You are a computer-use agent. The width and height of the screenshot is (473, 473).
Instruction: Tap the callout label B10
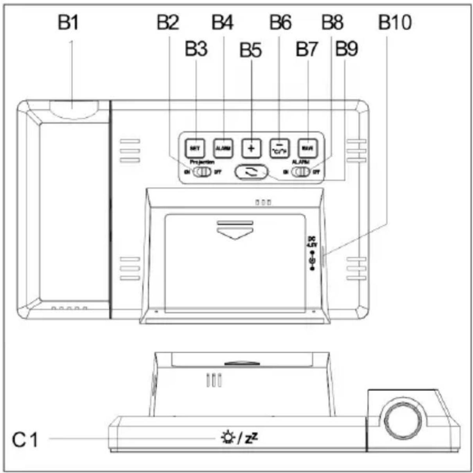[x=395, y=23]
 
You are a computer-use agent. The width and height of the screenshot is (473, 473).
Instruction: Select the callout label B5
[x=250, y=50]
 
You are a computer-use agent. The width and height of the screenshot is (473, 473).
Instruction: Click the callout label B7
[x=307, y=50]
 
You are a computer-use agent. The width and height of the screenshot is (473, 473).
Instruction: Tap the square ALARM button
[x=223, y=148]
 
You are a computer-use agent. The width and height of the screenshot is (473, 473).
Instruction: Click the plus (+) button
[x=251, y=148]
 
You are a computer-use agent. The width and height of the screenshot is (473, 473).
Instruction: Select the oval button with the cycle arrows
[x=251, y=172]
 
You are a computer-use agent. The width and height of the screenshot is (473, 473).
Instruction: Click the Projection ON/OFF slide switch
[x=203, y=172]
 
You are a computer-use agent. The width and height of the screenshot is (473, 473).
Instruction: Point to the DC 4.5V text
[x=312, y=242]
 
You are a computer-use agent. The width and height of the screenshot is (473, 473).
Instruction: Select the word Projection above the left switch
[x=202, y=162]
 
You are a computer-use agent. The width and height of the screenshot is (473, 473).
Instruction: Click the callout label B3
[x=196, y=50]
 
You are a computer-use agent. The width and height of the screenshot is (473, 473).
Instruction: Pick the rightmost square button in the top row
[x=307, y=148]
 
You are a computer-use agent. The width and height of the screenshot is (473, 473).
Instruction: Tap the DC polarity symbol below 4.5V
[x=312, y=261]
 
